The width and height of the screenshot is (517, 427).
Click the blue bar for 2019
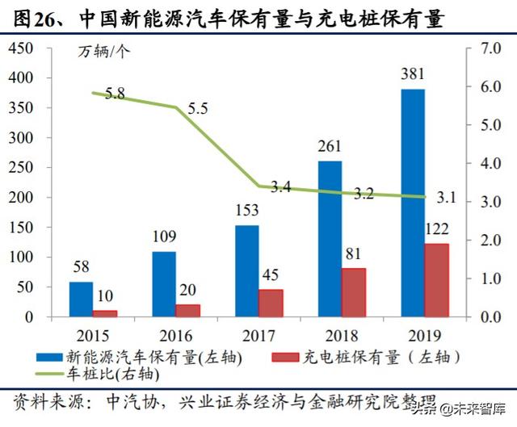tap(413, 203)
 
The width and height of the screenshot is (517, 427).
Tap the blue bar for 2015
tap(81, 299)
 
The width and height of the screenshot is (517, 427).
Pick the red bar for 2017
tap(271, 303)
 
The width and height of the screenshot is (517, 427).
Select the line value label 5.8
tap(115, 94)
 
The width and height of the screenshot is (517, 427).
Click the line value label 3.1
tap(447, 196)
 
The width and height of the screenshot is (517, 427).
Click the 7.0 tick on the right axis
tap(490, 48)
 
